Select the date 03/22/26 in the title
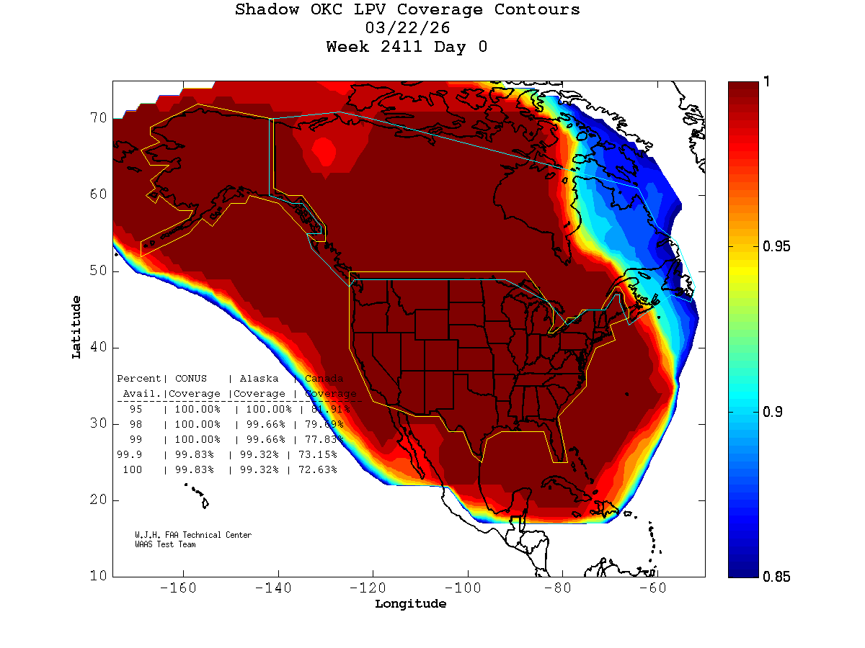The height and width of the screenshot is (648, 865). click(407, 29)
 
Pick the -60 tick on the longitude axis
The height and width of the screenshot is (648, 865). click(657, 588)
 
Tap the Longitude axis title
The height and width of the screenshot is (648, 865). click(410, 604)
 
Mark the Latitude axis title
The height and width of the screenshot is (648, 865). click(76, 327)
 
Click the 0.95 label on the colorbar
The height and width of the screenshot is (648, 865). click(777, 247)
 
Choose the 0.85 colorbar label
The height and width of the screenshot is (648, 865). click(777, 577)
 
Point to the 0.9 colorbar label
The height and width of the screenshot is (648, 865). click(773, 412)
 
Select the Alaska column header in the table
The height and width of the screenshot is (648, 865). click(259, 379)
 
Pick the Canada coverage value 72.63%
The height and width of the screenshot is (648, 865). click(318, 470)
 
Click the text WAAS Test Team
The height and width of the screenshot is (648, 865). click(165, 545)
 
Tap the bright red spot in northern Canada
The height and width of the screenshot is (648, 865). click(324, 153)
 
